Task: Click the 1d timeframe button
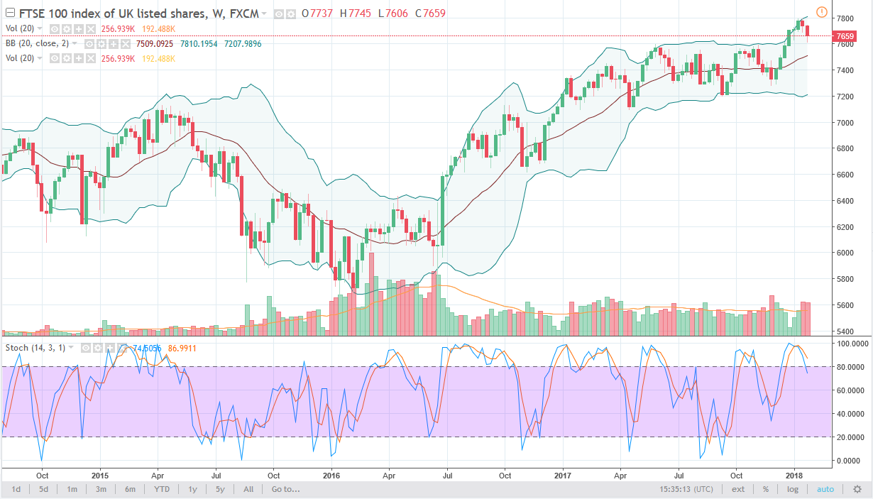tap(16, 489)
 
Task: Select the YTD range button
tap(161, 489)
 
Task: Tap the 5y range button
tap(220, 489)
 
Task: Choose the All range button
tap(248, 489)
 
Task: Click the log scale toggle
tap(791, 489)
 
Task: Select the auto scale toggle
tap(825, 489)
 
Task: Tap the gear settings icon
tap(857, 489)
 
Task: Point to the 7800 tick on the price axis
tap(844, 18)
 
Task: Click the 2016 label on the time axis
tap(331, 474)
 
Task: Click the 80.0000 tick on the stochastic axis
tap(849, 367)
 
